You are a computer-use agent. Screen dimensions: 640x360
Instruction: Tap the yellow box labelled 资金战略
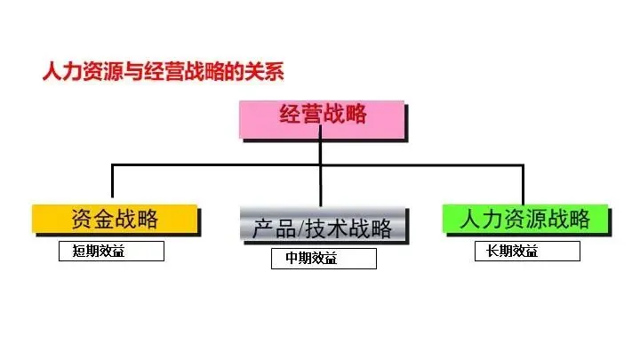pyautogui.click(x=113, y=218)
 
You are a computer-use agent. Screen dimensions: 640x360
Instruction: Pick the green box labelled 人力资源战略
pyautogui.click(x=525, y=219)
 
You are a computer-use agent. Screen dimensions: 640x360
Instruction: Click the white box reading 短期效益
pyautogui.click(x=111, y=252)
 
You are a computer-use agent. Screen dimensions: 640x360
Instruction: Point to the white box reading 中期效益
pyautogui.click(x=324, y=259)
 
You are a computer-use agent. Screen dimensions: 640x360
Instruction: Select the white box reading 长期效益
pyautogui.click(x=526, y=252)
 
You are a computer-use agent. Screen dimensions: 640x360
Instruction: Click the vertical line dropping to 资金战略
pyautogui.click(x=112, y=183)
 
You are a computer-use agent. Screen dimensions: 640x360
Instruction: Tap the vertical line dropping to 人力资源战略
pyautogui.click(x=523, y=183)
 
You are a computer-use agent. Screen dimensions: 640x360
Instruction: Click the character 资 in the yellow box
pyautogui.click(x=81, y=218)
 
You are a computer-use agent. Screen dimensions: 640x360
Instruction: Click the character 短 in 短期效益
pyautogui.click(x=79, y=252)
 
